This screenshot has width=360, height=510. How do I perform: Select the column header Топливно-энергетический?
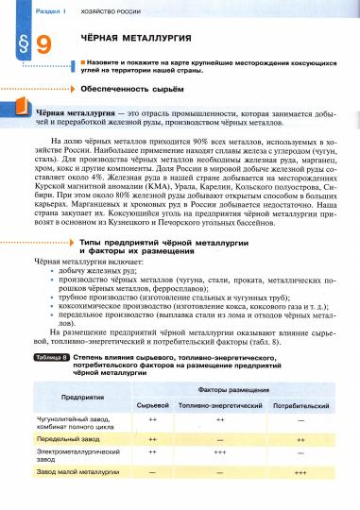(x=218, y=403)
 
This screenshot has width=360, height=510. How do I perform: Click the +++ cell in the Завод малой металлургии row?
(x=300, y=471)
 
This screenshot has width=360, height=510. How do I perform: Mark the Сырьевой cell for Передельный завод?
(x=152, y=439)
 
